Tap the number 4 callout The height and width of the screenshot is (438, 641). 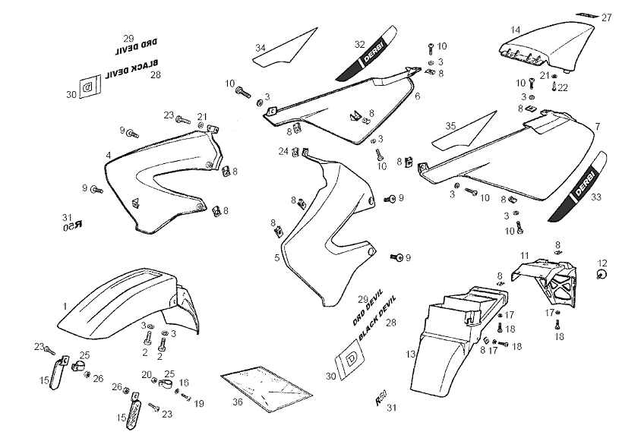109,156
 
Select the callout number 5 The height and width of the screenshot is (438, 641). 277,258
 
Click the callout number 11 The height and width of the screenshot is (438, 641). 524,255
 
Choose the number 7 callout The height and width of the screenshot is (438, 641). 598,126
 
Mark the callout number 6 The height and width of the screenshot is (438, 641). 417,96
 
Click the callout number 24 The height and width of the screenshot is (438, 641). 283,151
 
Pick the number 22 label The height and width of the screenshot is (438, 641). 563,88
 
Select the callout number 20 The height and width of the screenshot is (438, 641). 146,374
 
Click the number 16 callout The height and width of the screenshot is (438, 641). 183,383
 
